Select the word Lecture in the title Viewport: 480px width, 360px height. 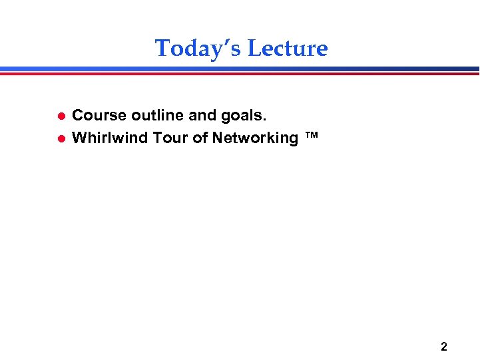288,49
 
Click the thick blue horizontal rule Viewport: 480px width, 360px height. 240,69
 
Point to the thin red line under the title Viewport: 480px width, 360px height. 240,73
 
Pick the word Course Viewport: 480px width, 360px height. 99,116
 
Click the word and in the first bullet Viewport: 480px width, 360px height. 202,116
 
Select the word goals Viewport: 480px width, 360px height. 242,116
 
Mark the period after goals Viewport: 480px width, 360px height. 264,120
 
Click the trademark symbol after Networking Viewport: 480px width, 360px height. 311,135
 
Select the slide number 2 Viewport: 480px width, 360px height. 444,347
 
